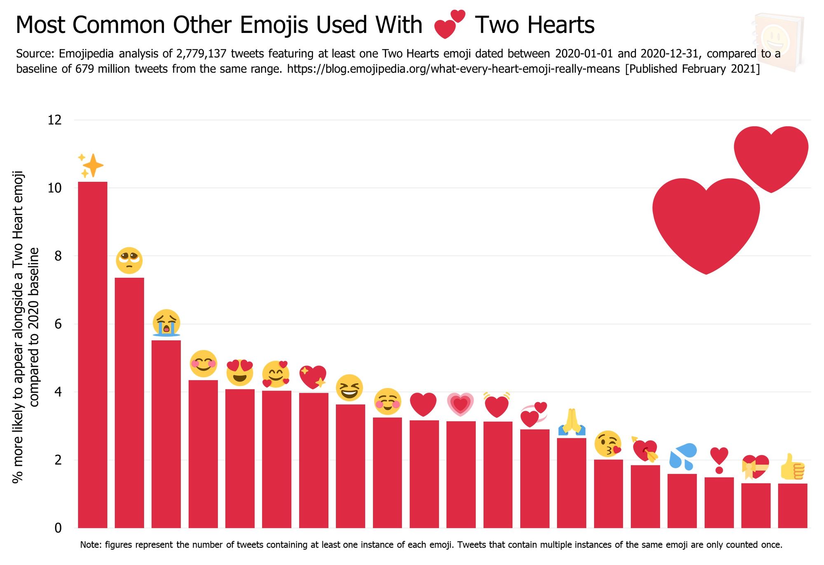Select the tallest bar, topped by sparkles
93,354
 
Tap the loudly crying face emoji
166,323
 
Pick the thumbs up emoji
793,467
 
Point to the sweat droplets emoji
682,456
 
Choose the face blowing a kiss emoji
608,444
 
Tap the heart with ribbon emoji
756,467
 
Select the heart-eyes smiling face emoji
240,372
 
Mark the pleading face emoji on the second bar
129,260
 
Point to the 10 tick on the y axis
55,188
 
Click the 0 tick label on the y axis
58,528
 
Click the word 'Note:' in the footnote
91,545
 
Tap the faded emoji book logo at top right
778,41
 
